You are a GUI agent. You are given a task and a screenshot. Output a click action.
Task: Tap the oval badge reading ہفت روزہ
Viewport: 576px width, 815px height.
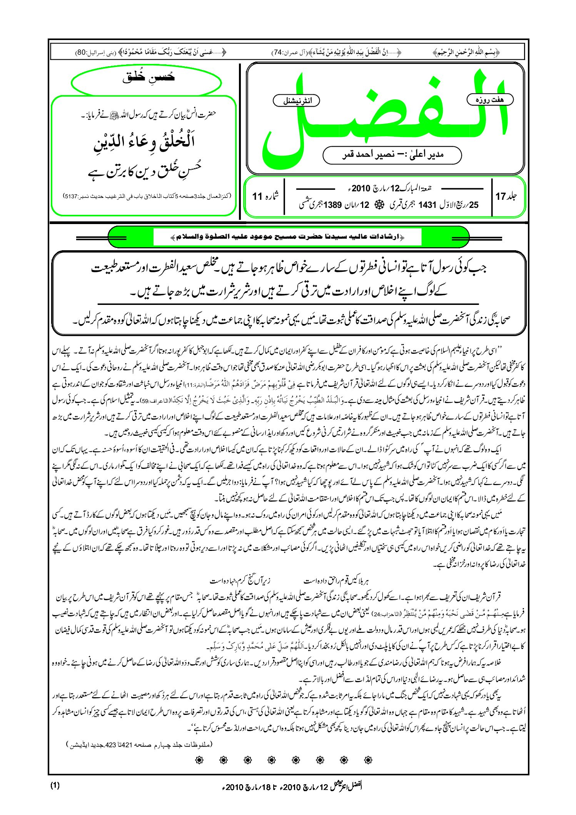[490, 100]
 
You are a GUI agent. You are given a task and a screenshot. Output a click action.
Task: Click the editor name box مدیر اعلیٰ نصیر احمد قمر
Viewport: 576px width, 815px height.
[392, 155]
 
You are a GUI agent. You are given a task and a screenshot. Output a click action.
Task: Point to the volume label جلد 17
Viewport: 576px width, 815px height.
[506, 196]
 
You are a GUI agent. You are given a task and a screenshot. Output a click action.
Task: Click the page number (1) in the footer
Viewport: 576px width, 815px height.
[55, 785]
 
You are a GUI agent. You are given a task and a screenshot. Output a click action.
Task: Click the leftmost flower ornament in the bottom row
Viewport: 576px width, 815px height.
[199, 760]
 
